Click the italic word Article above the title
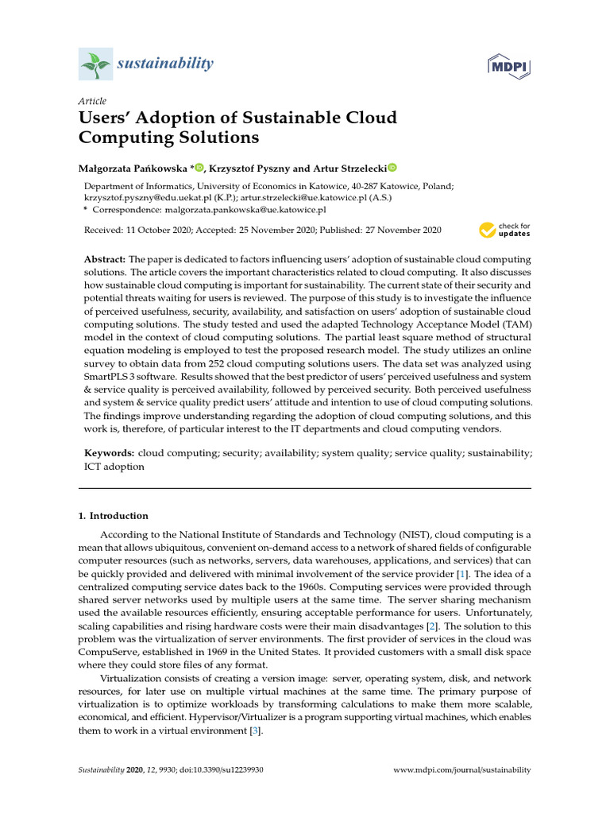92,101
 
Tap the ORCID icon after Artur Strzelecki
392,168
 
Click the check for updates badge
504,231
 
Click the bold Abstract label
105,260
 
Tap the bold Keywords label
110,452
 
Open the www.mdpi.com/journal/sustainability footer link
462,770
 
